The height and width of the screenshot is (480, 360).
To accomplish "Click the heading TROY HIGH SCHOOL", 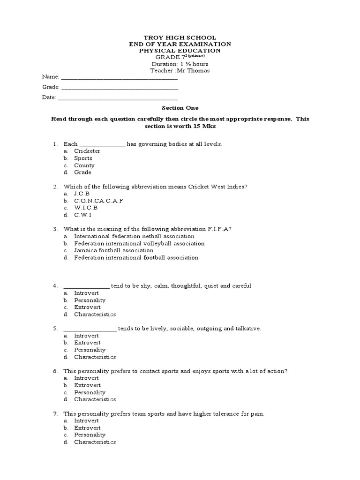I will point(180,37).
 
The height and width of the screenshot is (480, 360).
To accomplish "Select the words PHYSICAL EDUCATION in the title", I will point(180,51).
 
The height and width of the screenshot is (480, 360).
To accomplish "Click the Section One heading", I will point(180,108).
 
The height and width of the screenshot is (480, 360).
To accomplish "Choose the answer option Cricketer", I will point(87,151).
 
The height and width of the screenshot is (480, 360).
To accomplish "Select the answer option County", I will point(84,165).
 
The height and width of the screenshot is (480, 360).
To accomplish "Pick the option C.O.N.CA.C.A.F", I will point(98,201).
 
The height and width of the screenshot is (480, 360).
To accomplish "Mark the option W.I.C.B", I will point(86,208).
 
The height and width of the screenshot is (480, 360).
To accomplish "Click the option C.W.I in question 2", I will point(82,215).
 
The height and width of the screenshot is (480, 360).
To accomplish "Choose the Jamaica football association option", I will point(113,250).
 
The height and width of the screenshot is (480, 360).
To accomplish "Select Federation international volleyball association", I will point(139,243).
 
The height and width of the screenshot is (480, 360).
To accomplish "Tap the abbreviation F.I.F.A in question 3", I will point(218,229).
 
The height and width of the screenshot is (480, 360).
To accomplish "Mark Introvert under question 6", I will point(86,378).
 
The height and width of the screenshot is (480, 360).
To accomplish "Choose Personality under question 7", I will point(90,435).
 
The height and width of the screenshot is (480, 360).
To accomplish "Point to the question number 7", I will point(55,414).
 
